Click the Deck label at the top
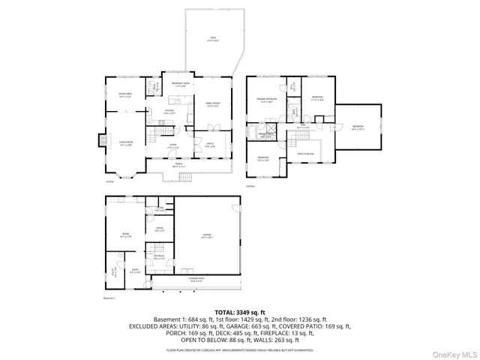click(213, 38)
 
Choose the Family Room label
click(212, 104)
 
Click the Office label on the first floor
click(209, 145)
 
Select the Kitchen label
click(170, 112)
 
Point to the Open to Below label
click(305, 153)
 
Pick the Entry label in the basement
click(136, 270)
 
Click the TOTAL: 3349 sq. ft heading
click(240, 311)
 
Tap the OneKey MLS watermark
click(456, 352)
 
